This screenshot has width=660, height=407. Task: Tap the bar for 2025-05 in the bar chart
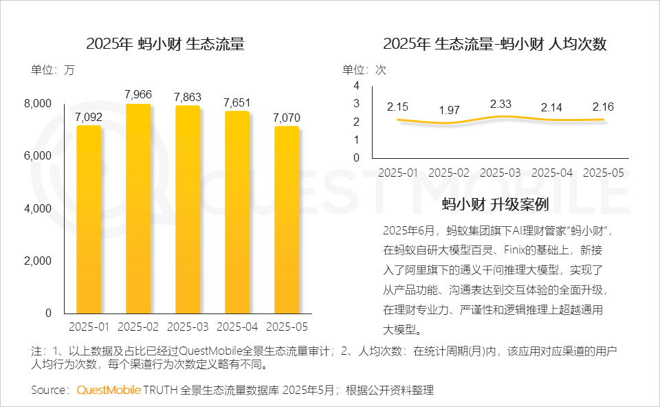click(287, 219)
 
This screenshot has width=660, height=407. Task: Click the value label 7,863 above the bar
click(188, 97)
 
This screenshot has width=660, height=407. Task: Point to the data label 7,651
click(237, 102)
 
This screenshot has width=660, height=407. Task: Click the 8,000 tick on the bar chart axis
click(38, 103)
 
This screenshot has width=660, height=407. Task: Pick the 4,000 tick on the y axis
click(38, 208)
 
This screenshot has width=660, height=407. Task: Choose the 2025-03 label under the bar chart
click(188, 326)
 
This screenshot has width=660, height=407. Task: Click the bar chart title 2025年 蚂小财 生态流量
click(165, 44)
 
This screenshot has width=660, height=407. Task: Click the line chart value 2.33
click(500, 104)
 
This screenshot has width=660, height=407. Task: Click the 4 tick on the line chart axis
click(356, 85)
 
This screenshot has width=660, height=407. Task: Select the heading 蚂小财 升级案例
click(495, 204)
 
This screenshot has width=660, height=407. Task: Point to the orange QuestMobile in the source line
click(109, 390)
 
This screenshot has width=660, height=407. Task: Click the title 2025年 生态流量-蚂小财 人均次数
click(495, 44)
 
